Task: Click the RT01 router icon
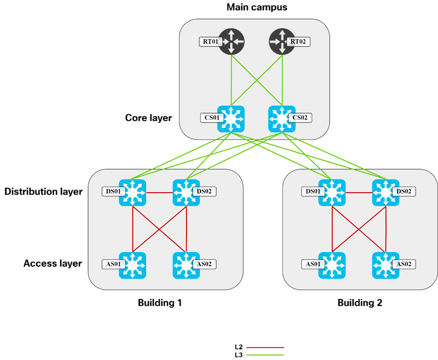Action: [232, 42]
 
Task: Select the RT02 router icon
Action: [282, 42]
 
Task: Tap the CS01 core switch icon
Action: [232, 118]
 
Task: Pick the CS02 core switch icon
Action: [282, 118]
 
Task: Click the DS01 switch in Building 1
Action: [132, 193]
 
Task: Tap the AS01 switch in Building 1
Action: [132, 265]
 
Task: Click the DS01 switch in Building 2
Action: [332, 193]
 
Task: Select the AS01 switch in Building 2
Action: [332, 265]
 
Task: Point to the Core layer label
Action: [148, 118]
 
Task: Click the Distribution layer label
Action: [43, 192]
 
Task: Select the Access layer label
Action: [53, 263]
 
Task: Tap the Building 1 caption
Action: [159, 302]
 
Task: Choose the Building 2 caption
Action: [359, 302]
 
